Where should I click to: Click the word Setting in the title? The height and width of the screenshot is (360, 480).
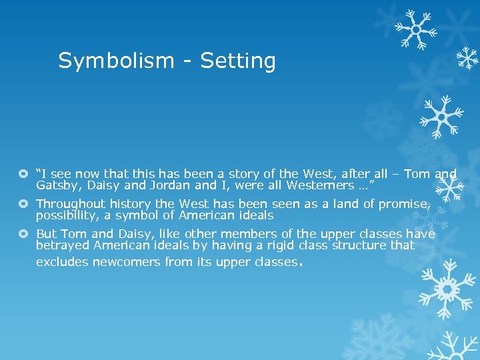[x=238, y=61]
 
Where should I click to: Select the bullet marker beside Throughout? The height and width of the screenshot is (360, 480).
[x=25, y=204]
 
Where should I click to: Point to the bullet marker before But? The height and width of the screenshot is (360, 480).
[x=25, y=234]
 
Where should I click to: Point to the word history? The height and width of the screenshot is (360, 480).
[x=132, y=204]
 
